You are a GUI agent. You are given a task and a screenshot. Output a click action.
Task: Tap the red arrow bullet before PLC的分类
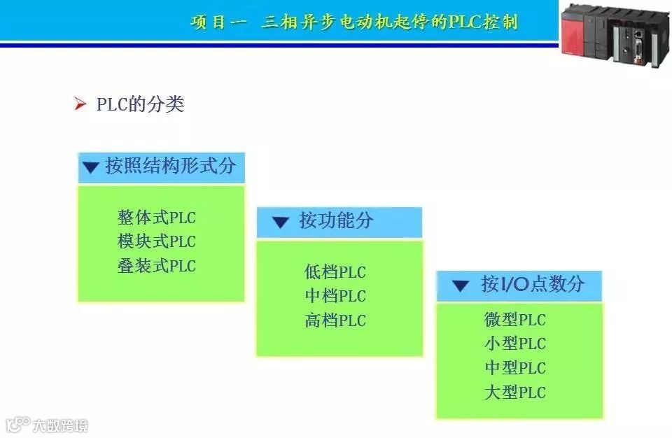80,105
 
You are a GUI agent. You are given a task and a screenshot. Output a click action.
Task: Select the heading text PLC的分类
140,105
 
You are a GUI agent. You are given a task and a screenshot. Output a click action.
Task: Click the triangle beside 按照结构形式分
90,168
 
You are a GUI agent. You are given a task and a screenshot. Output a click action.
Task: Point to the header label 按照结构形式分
170,167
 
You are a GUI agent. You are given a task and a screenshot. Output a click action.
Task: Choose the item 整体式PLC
157,218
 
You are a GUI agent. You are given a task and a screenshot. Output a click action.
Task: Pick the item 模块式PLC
157,242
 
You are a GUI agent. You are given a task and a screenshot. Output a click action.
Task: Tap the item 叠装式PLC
157,267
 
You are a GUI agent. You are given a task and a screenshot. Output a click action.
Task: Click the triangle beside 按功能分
280,223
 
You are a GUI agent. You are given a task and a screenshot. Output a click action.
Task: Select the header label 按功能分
336,222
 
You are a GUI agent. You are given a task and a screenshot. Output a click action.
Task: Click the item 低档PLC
335,272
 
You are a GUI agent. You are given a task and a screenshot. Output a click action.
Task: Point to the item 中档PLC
335,297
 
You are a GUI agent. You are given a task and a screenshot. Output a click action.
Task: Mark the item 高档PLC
335,321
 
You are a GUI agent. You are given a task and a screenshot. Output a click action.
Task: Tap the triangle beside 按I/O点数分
460,285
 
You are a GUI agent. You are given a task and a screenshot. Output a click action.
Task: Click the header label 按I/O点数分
532,284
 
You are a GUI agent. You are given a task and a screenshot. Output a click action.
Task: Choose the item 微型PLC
514,320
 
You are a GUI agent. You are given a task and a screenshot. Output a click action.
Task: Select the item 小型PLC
514,344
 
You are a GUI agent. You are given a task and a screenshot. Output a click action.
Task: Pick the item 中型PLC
514,368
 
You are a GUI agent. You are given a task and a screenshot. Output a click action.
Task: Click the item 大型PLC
514,393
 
